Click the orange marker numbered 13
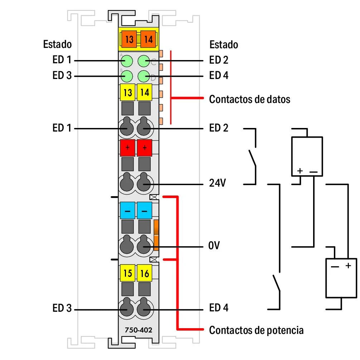pyautogui.click(x=129, y=39)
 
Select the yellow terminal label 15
pyautogui.click(x=127, y=273)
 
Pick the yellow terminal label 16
pyautogui.click(x=145, y=273)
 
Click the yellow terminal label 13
pyautogui.click(x=127, y=93)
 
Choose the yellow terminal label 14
pyautogui.click(x=145, y=93)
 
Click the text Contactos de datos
pyautogui.click(x=249, y=99)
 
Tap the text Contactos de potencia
pyautogui.click(x=256, y=330)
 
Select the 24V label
pyautogui.click(x=218, y=184)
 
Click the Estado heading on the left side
pyautogui.click(x=57, y=44)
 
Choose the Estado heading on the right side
pyautogui.click(x=224, y=45)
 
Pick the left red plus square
pyautogui.click(x=127, y=148)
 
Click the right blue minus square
pyautogui.click(x=145, y=211)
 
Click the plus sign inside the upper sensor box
pyautogui.click(x=300, y=171)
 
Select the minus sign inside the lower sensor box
pyautogui.click(x=335, y=266)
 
